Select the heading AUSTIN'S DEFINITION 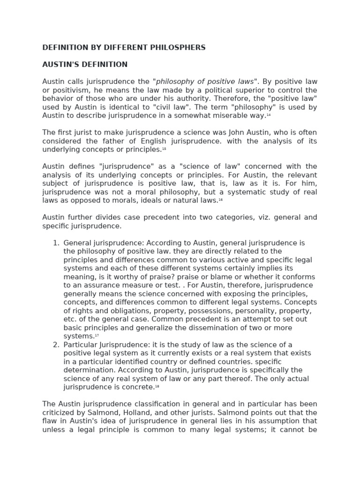click(x=85, y=64)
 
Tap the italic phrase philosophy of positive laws click(x=204, y=81)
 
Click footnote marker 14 click(x=269, y=114)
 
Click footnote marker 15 click(x=164, y=148)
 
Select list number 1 click(x=56, y=243)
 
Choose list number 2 click(x=56, y=345)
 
